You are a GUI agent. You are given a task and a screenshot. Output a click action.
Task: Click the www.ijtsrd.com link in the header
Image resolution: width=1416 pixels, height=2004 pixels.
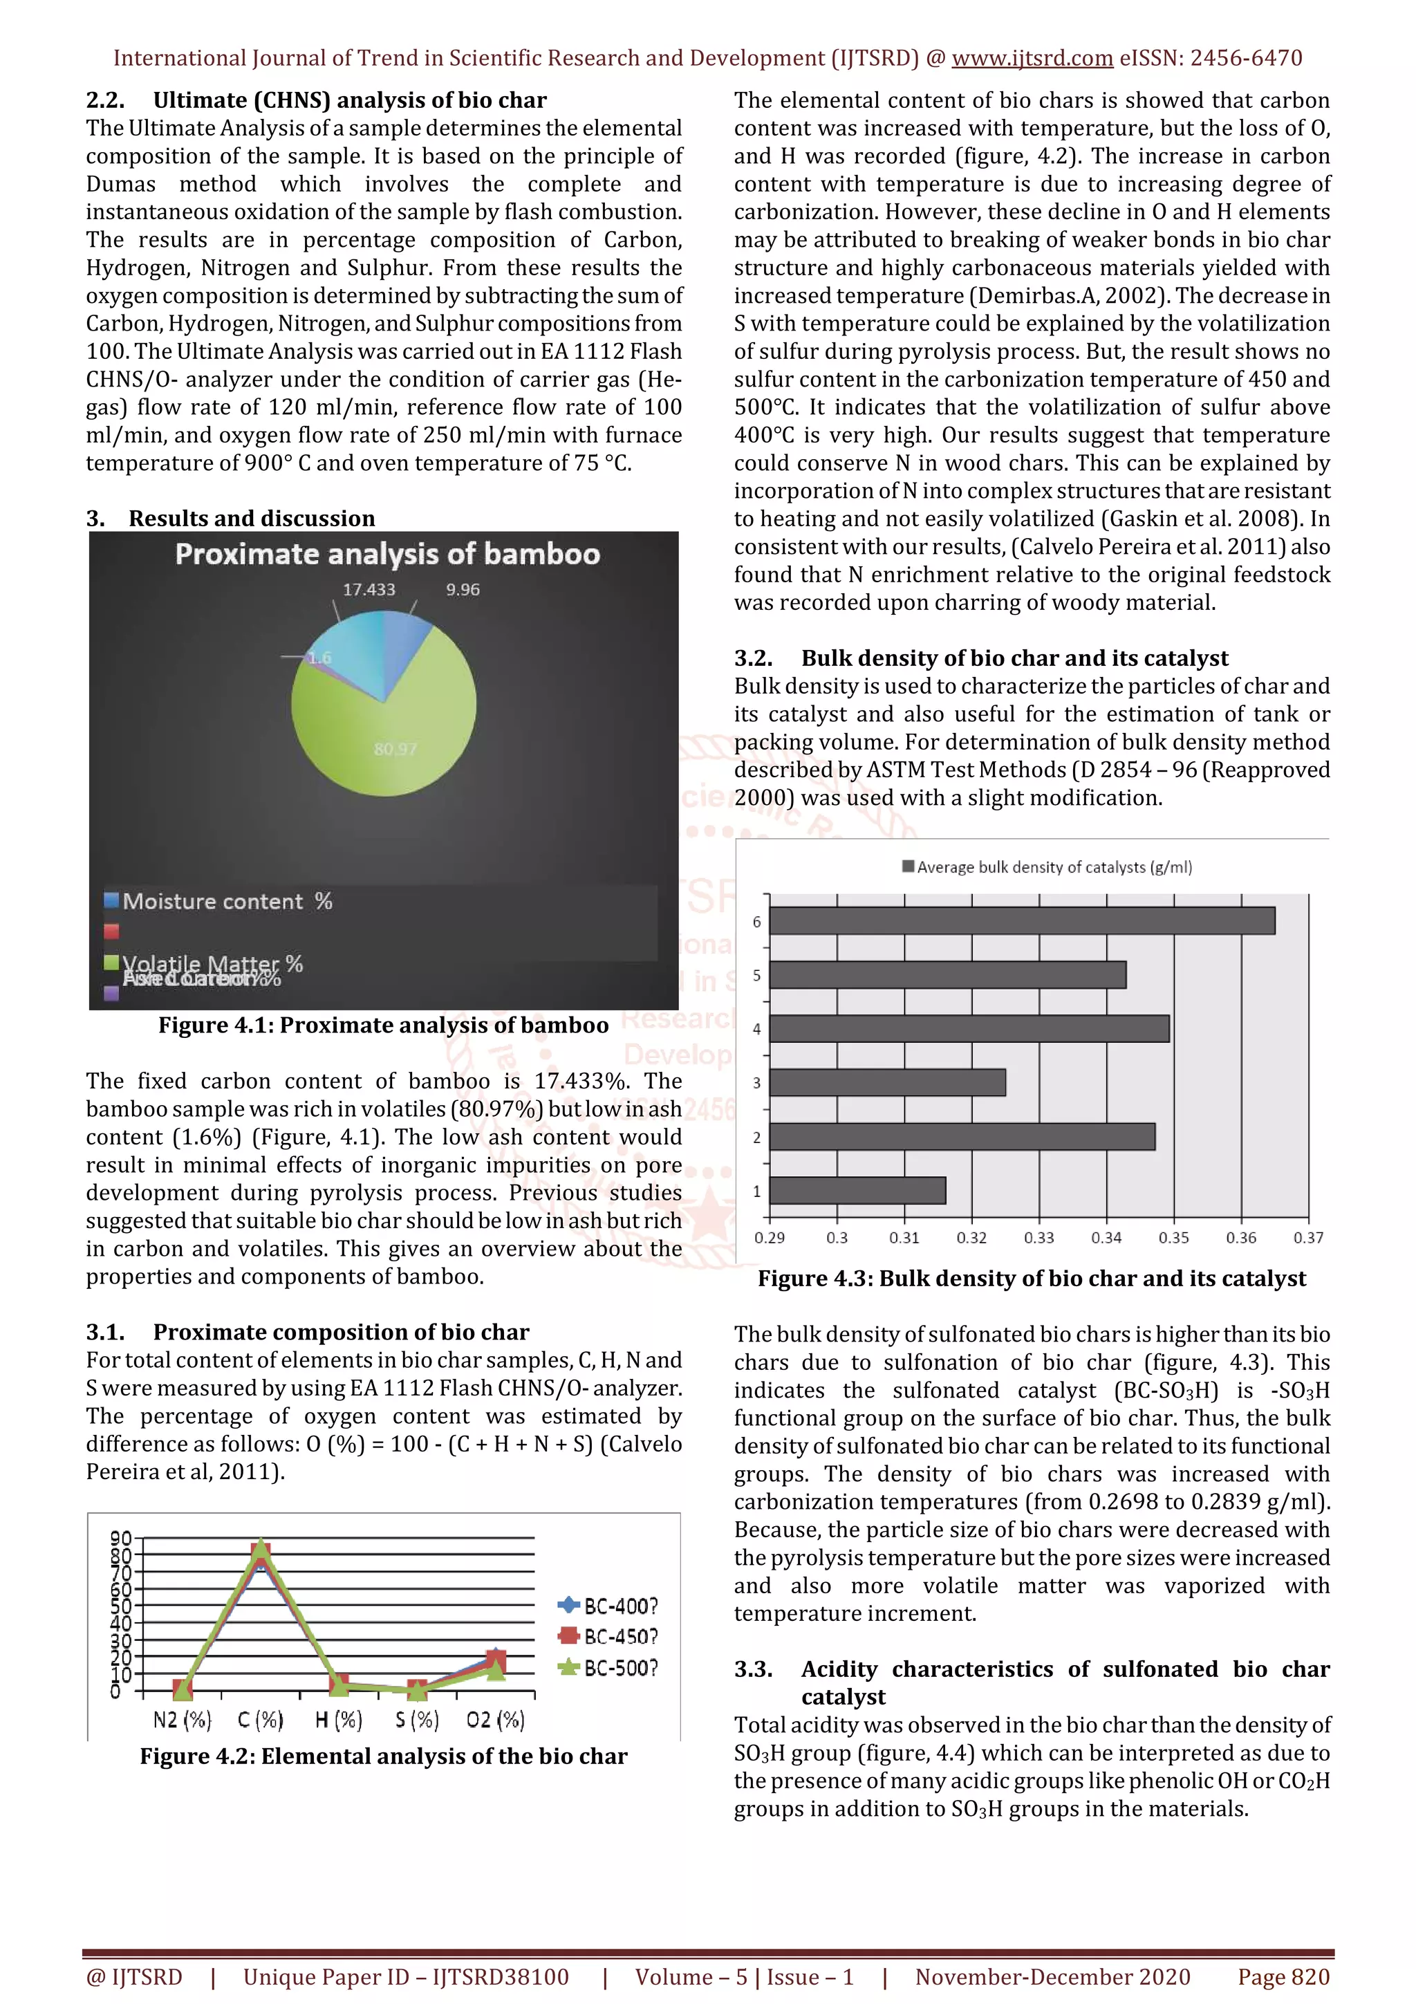[1032, 59]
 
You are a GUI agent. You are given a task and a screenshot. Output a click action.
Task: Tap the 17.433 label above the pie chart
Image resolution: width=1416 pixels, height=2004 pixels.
[369, 590]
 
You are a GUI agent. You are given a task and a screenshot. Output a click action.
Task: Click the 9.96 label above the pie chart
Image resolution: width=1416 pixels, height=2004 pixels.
[463, 590]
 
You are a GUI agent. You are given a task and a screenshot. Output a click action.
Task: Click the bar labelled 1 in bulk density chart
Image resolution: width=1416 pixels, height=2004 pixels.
[857, 1191]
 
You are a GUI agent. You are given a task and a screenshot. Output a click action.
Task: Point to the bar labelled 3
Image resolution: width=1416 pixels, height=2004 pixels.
[886, 1082]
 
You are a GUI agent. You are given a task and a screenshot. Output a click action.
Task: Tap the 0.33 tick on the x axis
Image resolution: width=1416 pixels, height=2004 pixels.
[1038, 1238]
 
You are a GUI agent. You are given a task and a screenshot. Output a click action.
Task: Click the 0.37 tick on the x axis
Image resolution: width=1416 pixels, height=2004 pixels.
[1308, 1238]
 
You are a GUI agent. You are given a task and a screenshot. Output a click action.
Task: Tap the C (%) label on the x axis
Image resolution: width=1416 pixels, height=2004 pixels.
[260, 1720]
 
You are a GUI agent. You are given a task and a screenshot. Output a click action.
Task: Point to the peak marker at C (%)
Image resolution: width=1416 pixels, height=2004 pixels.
[260, 1551]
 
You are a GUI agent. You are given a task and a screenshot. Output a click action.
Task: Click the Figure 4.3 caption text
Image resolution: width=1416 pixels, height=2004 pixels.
[1032, 1279]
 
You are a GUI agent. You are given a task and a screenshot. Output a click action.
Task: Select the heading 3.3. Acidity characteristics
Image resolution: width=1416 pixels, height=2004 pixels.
[1032, 1670]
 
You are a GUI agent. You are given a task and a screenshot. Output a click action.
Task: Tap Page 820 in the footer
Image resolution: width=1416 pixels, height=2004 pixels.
[1283, 1977]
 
